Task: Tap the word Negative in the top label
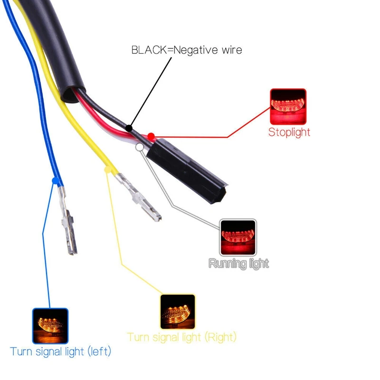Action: pos(195,50)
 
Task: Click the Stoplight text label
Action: pos(289,132)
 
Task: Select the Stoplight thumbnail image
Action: pos(288,106)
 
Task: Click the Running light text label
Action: pos(238,263)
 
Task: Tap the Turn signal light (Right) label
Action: pos(181,337)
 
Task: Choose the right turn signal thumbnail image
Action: pos(178,312)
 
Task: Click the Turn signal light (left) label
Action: pos(60,352)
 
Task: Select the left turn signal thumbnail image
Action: pos(50,326)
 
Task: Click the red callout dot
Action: pos(151,136)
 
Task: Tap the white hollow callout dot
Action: pos(139,147)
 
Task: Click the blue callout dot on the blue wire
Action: pos(56,180)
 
